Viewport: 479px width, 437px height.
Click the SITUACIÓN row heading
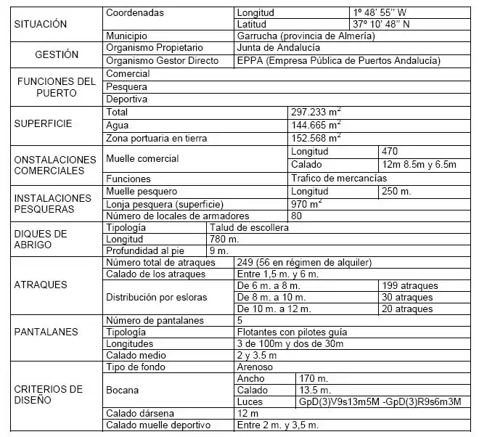tap(41, 24)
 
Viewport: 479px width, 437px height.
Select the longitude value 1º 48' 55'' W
tap(381, 13)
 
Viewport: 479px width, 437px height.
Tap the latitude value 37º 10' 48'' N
tap(382, 24)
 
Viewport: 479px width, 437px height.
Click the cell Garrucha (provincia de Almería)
tap(306, 36)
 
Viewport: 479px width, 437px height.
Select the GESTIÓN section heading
tap(57, 54)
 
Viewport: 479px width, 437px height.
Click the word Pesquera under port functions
tap(126, 86)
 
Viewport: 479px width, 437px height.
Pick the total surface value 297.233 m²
tap(316, 113)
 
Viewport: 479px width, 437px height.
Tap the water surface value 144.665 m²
tap(316, 125)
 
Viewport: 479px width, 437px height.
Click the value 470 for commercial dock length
tap(390, 152)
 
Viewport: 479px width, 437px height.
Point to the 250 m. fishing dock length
tap(396, 192)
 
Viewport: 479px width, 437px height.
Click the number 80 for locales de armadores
tap(296, 216)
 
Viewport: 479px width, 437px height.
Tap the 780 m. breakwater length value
tap(224, 239)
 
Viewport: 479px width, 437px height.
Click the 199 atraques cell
tap(408, 286)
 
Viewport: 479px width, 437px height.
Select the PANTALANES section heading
tap(46, 332)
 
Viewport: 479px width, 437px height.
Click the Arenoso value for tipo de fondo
tap(255, 367)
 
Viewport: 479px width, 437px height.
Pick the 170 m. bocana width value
tap(314, 378)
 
